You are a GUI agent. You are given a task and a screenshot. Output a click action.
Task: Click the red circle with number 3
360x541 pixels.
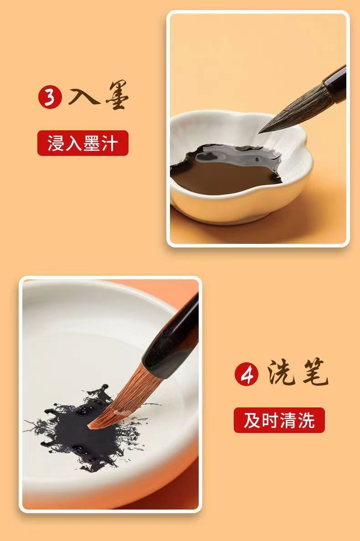point(50,98)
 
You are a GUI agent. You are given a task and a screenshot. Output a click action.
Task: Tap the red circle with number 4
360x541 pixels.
point(247,374)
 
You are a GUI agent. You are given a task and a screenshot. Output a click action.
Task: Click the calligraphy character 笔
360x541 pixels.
point(315,373)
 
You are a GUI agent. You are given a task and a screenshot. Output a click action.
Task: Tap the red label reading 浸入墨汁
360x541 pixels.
point(83,143)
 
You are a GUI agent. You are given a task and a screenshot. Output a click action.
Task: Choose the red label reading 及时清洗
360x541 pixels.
point(279,420)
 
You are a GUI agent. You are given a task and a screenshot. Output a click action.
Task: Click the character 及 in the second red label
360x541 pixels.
point(252,420)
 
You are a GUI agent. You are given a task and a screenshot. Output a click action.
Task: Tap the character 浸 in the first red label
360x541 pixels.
point(56,143)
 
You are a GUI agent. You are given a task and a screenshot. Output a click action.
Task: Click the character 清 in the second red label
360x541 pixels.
point(288,420)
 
